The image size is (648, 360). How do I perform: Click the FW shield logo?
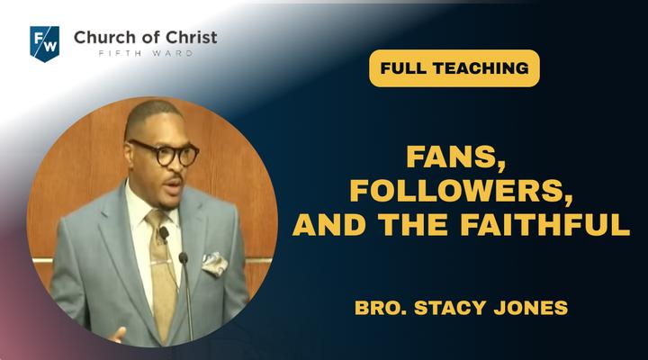tap(45, 43)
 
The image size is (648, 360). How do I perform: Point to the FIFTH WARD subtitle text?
tap(146, 53)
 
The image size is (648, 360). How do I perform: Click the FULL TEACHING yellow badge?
tap(454, 68)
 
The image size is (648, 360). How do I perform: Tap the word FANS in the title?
tap(455, 157)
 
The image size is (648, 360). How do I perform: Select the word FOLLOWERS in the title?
tap(461, 191)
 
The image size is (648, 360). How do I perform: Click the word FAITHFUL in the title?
tap(545, 223)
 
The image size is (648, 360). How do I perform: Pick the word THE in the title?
tap(413, 223)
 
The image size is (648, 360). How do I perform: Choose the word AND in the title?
tap(329, 223)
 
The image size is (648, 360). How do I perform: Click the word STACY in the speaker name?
tap(450, 308)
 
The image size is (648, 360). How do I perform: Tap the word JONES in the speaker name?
tap(531, 308)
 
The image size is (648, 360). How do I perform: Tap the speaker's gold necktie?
tap(162, 273)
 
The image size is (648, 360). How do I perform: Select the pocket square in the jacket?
tap(214, 264)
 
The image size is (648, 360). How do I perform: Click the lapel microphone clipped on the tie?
tap(164, 234)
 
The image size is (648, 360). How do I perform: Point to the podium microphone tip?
tap(183, 258)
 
